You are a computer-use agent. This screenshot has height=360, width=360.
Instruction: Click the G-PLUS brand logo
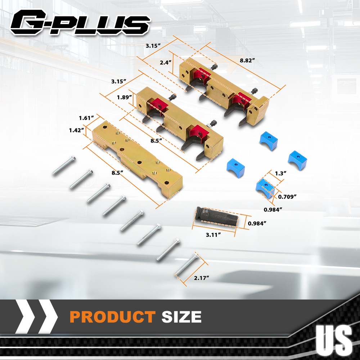(80, 22)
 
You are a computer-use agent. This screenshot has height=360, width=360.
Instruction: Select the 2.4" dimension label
(166, 62)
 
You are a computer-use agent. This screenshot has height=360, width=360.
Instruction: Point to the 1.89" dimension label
(125, 97)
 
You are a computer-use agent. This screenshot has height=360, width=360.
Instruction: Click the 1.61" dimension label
(86, 118)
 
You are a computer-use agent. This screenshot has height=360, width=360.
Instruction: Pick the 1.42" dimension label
(77, 130)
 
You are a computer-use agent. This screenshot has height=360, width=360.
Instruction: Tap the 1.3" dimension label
(280, 174)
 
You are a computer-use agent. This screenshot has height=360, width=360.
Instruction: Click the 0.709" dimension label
(287, 197)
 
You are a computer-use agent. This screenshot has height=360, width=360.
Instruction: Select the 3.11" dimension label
(213, 235)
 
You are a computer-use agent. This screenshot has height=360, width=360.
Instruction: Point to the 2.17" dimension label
(202, 278)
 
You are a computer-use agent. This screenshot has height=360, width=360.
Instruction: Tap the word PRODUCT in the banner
(113, 317)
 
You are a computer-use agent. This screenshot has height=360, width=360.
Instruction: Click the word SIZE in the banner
(181, 317)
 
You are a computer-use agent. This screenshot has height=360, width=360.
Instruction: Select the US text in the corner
(334, 339)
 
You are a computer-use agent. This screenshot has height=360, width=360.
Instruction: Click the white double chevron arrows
(36, 317)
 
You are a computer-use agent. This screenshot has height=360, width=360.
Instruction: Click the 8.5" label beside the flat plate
(117, 173)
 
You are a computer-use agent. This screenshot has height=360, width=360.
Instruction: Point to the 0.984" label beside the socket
(257, 223)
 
